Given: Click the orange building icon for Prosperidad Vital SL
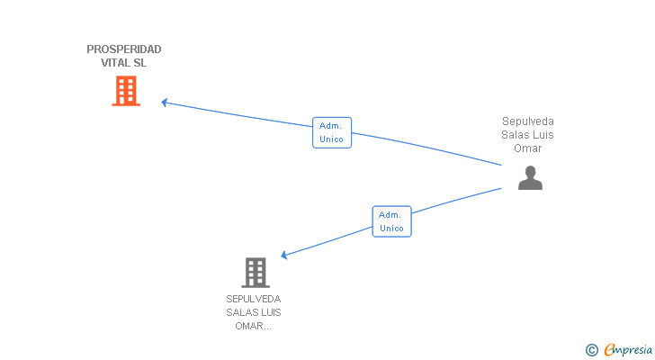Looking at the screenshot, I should pyautogui.click(x=126, y=91).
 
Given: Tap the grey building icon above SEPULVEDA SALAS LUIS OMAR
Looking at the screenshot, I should pyautogui.click(x=256, y=272).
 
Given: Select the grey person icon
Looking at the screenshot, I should pyautogui.click(x=530, y=178).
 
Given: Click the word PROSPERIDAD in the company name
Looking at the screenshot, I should pyautogui.click(x=124, y=49).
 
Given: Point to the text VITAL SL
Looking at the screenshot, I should pyautogui.click(x=124, y=63).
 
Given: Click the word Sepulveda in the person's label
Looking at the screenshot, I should pyautogui.click(x=528, y=121).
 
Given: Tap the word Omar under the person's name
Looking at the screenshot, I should pyautogui.click(x=528, y=148).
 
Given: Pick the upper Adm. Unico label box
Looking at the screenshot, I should pyautogui.click(x=332, y=132).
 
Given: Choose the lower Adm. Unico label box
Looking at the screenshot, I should pyautogui.click(x=391, y=221).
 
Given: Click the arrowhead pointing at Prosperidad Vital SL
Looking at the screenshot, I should pyautogui.click(x=165, y=102).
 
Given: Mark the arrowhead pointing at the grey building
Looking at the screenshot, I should pyautogui.click(x=284, y=256).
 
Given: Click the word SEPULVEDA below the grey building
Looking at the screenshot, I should pyautogui.click(x=254, y=299).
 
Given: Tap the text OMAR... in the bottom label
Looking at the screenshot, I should pyautogui.click(x=254, y=326).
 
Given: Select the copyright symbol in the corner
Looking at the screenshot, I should pyautogui.click(x=591, y=350).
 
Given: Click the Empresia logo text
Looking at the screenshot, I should pyautogui.click(x=629, y=350).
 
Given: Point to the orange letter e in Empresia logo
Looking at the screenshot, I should pyautogui.click(x=609, y=350).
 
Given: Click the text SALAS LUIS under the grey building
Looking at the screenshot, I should pyautogui.click(x=254, y=312).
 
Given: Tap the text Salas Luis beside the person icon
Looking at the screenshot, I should pyautogui.click(x=528, y=135).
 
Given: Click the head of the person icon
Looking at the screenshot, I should pyautogui.click(x=530, y=171).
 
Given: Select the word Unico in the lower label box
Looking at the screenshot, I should pyautogui.click(x=391, y=229).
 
